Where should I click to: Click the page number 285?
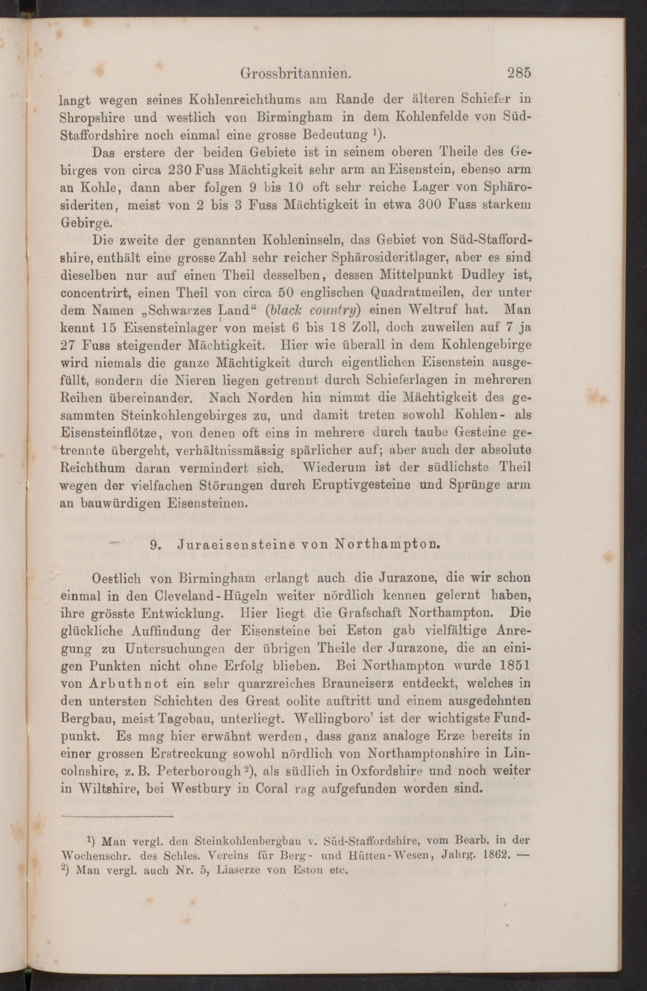518,74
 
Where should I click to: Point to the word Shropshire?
92,118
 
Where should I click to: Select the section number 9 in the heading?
153,545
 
